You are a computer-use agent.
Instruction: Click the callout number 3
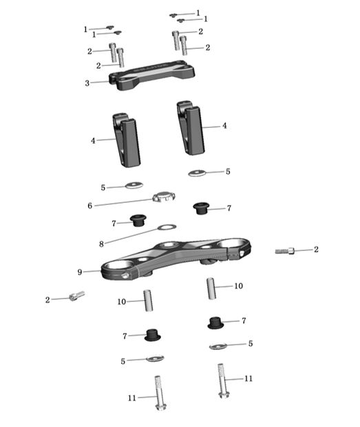click(x=87, y=83)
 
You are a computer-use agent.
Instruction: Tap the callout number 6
click(x=89, y=205)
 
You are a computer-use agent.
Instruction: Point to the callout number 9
click(x=81, y=272)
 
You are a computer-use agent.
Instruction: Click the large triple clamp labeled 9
click(x=176, y=258)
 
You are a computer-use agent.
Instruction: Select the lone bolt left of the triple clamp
click(x=76, y=296)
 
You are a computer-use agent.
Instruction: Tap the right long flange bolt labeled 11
click(x=222, y=380)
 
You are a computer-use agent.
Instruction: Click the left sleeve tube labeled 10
click(x=147, y=300)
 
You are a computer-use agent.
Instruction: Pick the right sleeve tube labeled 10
click(x=213, y=287)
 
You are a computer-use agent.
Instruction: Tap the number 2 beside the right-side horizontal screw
click(x=316, y=250)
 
